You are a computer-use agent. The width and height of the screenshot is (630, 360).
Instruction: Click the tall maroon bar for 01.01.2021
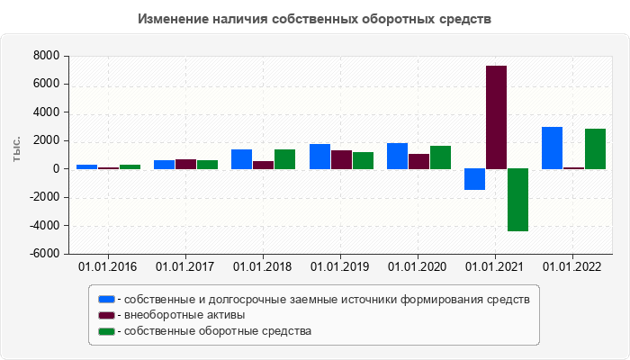coord(496,117)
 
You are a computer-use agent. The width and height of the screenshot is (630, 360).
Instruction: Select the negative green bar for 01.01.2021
coord(517,200)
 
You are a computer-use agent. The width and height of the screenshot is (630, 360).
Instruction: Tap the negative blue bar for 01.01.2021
coord(474,179)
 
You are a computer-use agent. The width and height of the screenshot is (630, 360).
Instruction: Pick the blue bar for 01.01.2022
coord(552,148)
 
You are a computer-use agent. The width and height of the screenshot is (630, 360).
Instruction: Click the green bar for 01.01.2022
coord(595,148)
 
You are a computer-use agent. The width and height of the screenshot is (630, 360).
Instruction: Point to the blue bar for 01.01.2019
coord(319,157)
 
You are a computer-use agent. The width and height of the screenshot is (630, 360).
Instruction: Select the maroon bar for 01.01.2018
coord(264,165)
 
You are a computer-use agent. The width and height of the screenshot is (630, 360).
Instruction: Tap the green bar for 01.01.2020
coord(440,157)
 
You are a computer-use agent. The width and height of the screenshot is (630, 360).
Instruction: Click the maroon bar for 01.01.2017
coord(186,164)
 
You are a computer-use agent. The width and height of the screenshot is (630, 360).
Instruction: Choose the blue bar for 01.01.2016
coord(87,166)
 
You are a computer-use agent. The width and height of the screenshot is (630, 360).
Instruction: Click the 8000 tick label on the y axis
coord(46,57)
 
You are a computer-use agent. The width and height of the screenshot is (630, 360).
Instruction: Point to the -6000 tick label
coord(43,254)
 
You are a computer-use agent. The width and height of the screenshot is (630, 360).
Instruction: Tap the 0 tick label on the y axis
coord(56,169)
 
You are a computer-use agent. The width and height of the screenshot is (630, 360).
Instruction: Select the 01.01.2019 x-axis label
coord(340,267)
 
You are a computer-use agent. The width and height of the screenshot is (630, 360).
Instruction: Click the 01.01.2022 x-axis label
coord(572,267)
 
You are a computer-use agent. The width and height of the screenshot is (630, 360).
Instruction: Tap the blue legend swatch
coord(106,299)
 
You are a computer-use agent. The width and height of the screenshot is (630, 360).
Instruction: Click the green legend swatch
coord(106,331)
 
